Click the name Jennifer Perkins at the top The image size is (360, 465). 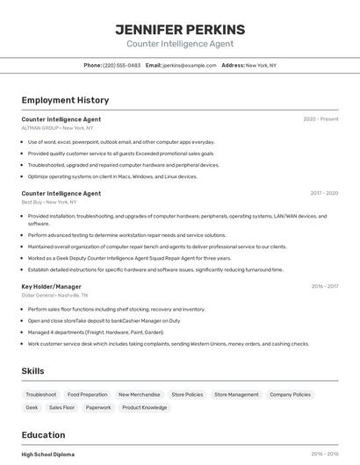[180, 30]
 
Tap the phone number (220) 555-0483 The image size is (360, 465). [121, 65]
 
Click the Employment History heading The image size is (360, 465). [65, 100]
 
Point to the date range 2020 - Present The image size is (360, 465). [320, 118]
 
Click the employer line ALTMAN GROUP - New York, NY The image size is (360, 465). [57, 128]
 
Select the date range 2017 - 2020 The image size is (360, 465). [324, 193]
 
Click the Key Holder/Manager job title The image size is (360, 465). [51, 286]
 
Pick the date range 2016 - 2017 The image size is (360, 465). [324, 286]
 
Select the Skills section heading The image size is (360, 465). [32, 371]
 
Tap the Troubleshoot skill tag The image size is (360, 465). [41, 395]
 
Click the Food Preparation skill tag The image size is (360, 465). [88, 395]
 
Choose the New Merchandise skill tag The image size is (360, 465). [140, 395]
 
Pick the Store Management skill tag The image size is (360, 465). [236, 395]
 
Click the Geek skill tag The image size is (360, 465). [32, 408]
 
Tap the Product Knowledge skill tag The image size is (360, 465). [144, 408]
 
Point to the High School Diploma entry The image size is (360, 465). [48, 454]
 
